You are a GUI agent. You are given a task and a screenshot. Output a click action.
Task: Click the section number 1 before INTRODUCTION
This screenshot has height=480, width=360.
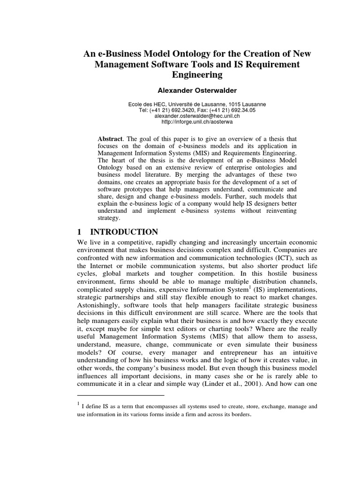click(79, 232)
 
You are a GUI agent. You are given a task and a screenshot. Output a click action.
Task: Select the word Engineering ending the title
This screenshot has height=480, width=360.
click(197, 75)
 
